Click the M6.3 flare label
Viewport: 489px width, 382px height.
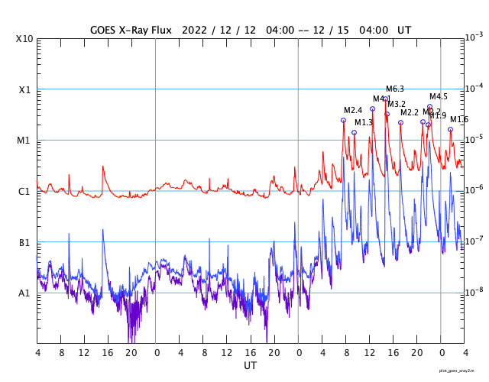395,89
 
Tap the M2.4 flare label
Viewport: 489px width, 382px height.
353,111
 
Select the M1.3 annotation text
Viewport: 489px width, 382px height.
364,122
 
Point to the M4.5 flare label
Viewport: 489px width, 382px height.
439,97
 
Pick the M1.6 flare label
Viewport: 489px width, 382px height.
459,120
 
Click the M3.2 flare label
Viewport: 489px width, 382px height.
397,104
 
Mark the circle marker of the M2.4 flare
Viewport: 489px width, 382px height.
344,120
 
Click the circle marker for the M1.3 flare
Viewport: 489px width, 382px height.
354,132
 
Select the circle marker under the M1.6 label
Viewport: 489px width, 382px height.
450,129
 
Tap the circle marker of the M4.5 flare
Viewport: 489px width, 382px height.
429,107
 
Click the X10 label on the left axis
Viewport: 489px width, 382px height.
24,39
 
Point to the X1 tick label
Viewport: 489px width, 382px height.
24,89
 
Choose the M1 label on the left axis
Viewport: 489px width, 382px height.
24,141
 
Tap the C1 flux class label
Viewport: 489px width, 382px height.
24,191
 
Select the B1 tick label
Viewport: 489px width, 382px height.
24,242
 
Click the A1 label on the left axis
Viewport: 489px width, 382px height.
24,293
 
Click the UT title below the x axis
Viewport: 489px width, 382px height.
250,366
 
